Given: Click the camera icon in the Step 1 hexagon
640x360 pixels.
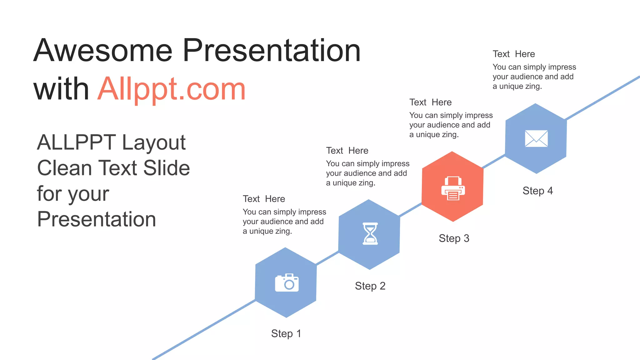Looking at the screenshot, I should (287, 283).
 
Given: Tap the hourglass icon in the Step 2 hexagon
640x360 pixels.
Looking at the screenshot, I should (370, 233).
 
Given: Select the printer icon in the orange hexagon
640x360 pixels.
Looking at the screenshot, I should (453, 188).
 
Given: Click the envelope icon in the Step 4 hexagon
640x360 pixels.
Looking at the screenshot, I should (536, 138).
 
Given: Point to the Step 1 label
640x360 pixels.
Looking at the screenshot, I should (286, 333).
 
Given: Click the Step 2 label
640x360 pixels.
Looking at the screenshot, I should (370, 286).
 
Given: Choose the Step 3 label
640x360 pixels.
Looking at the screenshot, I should (454, 238).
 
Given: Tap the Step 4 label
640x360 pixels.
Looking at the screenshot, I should (537, 191).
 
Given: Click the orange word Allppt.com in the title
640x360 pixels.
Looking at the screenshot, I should (172, 89).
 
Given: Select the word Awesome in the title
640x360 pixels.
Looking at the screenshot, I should (103, 51).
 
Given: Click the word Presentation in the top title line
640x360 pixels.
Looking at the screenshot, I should (272, 51).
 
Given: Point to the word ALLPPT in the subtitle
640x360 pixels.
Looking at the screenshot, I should (76, 142).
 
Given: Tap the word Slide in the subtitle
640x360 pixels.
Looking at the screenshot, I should (166, 168).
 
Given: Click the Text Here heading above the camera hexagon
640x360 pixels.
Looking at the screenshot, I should (264, 199).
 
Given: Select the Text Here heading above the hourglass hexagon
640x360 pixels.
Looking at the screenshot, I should (347, 151).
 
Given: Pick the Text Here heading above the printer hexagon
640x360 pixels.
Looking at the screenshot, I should (430, 102).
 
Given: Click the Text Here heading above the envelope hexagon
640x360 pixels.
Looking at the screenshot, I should (514, 54).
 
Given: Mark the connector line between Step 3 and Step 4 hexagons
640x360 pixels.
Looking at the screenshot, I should (494, 161).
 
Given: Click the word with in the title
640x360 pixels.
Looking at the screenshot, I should (61, 89).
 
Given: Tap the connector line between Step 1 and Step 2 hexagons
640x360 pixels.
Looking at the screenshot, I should (327, 258).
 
